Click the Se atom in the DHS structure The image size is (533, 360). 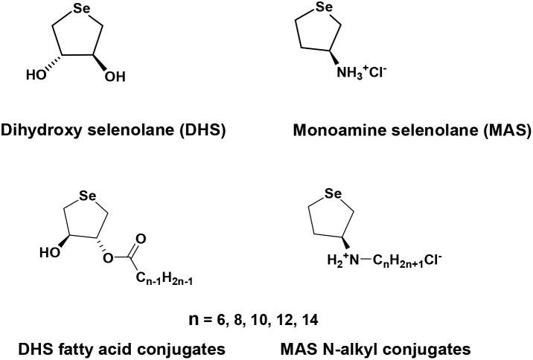83,10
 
